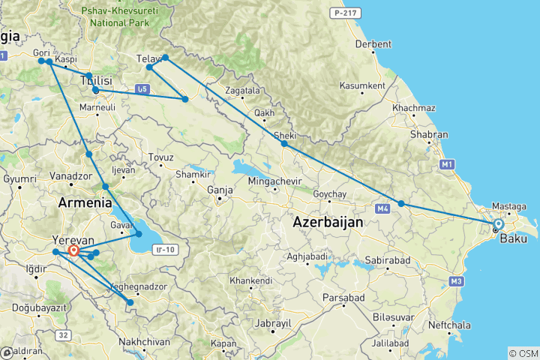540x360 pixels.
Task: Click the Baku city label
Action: tap(512, 238)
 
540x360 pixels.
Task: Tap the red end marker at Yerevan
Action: tap(73, 251)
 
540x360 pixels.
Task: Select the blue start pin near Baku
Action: tap(498, 224)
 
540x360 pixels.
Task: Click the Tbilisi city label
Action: tap(96, 80)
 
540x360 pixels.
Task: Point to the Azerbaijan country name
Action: tap(328, 222)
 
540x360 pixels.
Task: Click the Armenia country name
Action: tap(85, 202)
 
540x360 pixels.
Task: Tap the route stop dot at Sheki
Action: tap(284, 143)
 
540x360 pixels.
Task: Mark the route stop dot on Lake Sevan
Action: tap(139, 234)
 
